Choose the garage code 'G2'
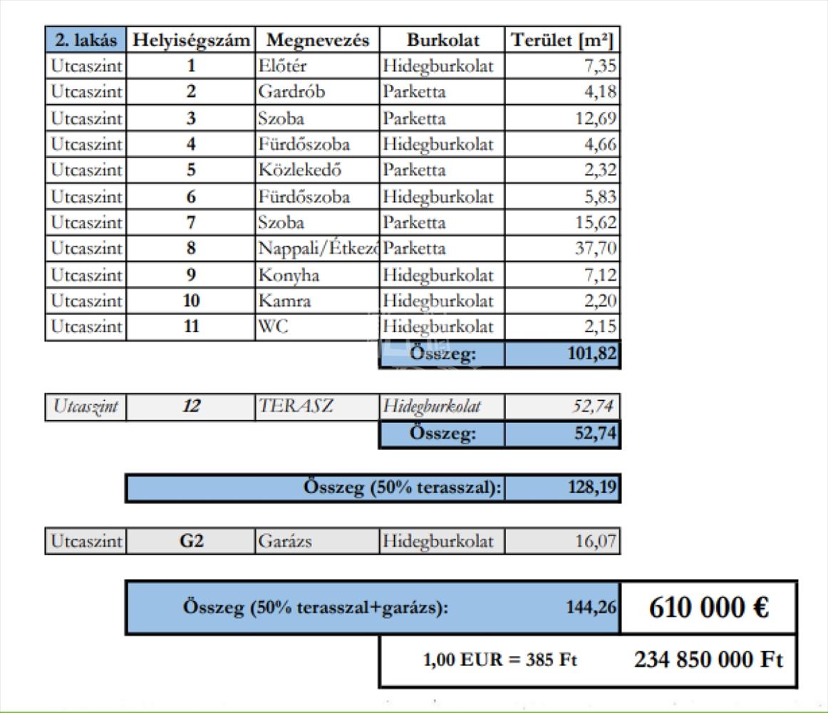190,541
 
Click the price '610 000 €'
708,607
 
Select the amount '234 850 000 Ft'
708,661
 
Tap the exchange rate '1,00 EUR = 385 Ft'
500,661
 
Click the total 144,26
591,608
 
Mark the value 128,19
591,488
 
